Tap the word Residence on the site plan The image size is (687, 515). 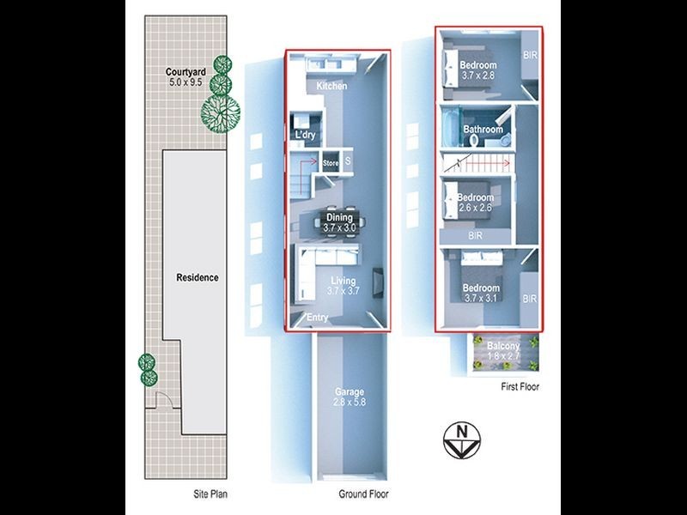[x=198, y=277]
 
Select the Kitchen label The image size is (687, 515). [x=331, y=87]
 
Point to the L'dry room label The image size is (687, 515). [x=306, y=136]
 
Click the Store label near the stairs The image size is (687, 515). [x=331, y=161]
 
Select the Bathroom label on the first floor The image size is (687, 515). [x=483, y=130]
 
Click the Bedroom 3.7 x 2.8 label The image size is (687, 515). [x=478, y=70]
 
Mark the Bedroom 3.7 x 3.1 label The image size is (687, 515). [x=478, y=293]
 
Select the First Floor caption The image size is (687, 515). [x=520, y=387]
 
